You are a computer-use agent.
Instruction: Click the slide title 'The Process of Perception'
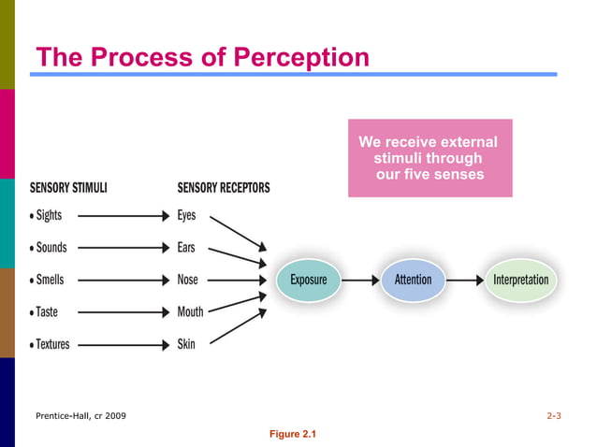point(202,58)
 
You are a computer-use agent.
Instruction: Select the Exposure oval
point(308,280)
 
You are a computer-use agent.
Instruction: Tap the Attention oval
point(413,280)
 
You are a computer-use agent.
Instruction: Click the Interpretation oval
point(520,280)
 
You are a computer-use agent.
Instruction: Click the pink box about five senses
point(430,158)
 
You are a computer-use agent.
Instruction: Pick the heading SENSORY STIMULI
point(68,187)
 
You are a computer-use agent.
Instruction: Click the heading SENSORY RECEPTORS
point(224,187)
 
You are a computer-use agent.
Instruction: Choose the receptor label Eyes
point(186,215)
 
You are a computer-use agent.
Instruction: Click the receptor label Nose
point(187,280)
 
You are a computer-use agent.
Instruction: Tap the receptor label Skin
point(186,344)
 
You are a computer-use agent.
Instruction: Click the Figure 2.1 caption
point(293,434)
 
